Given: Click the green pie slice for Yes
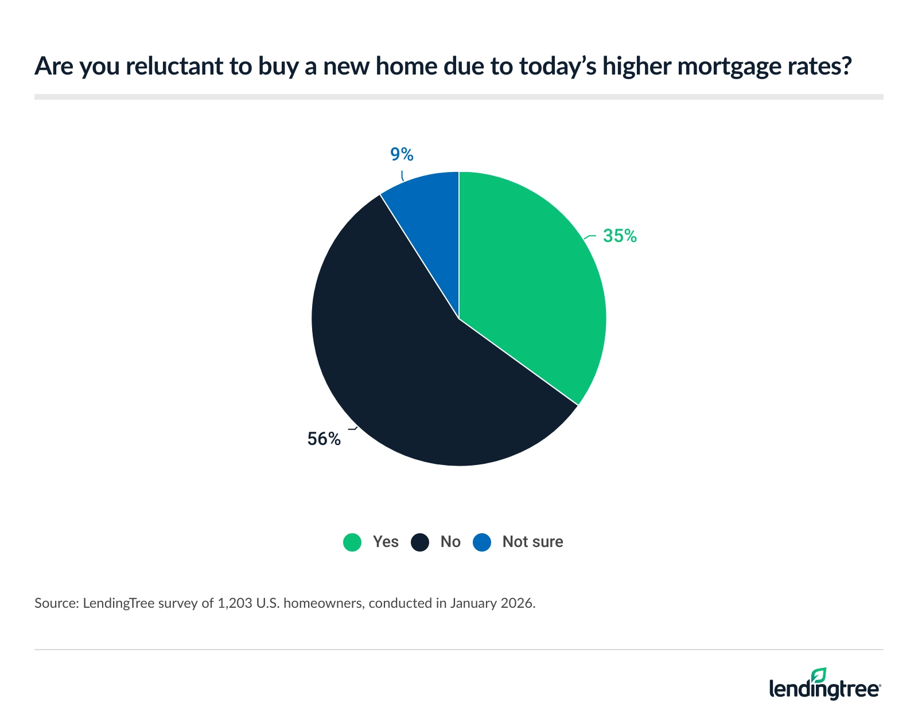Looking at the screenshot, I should point(528,287).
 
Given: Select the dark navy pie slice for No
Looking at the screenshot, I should point(402,367).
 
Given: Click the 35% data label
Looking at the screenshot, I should point(620,236).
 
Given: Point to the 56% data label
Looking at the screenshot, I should point(324,439).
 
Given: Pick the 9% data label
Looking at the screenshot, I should point(402,154).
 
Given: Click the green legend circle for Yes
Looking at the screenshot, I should point(352,542).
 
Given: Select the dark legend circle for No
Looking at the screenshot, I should point(420,542).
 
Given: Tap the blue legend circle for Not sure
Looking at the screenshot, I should point(482,542).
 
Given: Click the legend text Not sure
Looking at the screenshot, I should point(532,542).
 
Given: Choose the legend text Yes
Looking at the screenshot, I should point(386,542).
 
